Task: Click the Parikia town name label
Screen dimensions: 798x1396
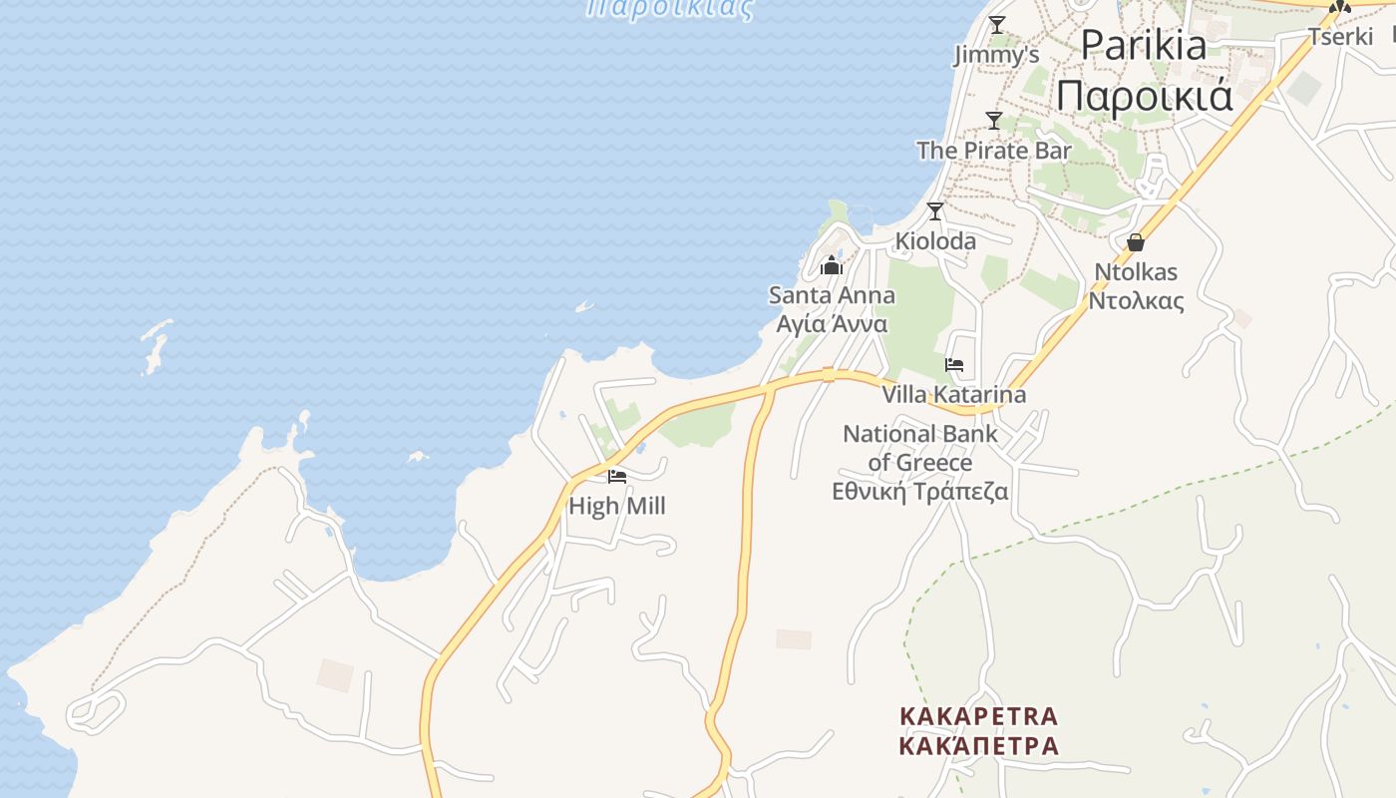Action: (x=1143, y=45)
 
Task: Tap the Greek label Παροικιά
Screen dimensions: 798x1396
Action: (x=1145, y=96)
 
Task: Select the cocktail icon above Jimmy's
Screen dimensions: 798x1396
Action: (x=996, y=25)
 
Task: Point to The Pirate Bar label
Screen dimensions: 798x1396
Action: (x=993, y=151)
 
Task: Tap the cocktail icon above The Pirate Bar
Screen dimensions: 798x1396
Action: (x=993, y=121)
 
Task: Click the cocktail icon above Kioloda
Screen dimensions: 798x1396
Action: (x=935, y=211)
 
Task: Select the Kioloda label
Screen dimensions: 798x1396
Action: (x=935, y=241)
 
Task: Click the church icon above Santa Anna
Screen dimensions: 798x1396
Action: (x=832, y=265)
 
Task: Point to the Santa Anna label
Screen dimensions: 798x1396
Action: (x=832, y=295)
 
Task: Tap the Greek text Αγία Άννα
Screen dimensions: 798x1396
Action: (x=832, y=324)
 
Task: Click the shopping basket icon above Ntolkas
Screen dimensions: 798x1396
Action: (x=1135, y=242)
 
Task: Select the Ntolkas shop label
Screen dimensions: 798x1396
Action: (x=1135, y=271)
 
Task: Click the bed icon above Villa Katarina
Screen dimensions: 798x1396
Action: (x=954, y=365)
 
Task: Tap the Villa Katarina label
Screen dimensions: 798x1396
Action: (x=953, y=395)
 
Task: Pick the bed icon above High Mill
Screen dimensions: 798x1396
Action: (x=617, y=477)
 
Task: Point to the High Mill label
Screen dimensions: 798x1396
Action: (x=616, y=506)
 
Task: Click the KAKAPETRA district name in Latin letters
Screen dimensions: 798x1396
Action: (x=978, y=716)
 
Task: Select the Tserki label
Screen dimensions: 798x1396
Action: (x=1341, y=37)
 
